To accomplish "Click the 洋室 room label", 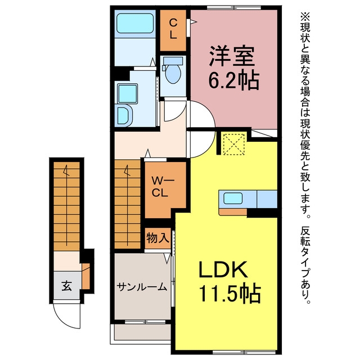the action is point(232,57).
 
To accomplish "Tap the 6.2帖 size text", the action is point(234,80).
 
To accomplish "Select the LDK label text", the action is point(223,269).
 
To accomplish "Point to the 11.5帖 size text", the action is point(230,294).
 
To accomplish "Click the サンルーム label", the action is point(142,287).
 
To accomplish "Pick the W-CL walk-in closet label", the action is point(161,187).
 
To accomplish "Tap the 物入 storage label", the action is point(157,238).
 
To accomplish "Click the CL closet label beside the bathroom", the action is point(173,29).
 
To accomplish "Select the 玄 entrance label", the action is point(66,286).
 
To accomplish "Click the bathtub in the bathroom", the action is point(135,23).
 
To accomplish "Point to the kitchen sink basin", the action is point(233,198).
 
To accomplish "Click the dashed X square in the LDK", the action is point(234,145).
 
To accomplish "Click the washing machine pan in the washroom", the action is point(128,93).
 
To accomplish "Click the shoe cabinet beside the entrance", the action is point(85,276).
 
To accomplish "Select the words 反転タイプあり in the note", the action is point(305,265).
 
